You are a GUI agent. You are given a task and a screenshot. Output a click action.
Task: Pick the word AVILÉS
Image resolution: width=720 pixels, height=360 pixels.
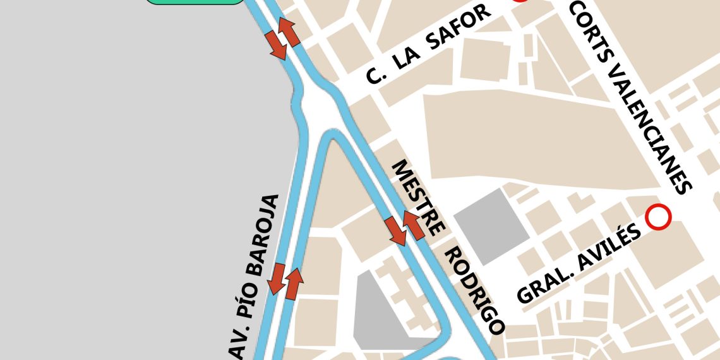pos(615,243)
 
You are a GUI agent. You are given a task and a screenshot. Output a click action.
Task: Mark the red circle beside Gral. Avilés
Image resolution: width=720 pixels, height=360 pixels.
pos(659,217)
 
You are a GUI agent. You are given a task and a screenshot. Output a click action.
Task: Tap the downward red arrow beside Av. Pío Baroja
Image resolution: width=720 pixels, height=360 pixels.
pos(276,279)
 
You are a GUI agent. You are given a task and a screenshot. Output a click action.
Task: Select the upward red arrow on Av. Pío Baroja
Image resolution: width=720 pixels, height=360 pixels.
pos(294,284)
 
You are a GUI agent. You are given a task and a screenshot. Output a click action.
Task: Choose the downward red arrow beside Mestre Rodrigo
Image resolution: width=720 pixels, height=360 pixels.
pos(397,231)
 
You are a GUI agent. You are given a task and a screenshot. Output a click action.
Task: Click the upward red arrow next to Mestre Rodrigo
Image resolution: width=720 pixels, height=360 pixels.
pos(414,225)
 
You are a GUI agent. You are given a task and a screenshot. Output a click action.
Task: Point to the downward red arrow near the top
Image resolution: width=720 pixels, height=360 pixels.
pos(277,45)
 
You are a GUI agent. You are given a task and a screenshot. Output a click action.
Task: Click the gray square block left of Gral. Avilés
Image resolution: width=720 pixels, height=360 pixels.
pos(492,226)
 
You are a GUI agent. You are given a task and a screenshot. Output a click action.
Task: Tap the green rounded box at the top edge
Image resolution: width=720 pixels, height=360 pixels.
pos(195,1)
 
